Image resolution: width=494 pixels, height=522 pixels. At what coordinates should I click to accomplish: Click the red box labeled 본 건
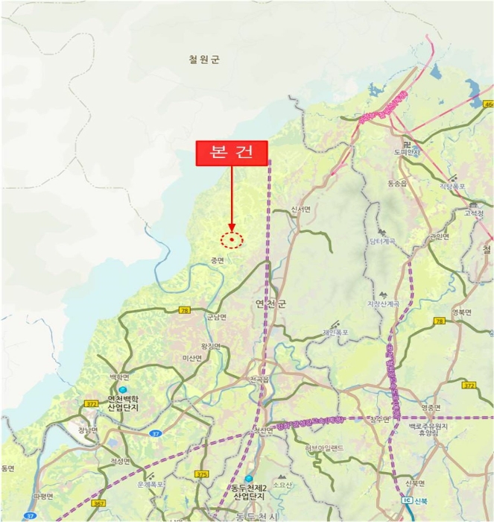[x=231, y=153]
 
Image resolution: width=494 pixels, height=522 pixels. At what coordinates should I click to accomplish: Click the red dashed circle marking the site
[x=232, y=240]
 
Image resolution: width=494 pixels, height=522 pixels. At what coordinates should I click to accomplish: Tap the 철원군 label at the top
[x=203, y=60]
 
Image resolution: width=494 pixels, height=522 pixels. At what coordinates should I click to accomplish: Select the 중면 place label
[x=217, y=260]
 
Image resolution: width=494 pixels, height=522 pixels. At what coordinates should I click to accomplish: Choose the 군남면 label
[x=217, y=317]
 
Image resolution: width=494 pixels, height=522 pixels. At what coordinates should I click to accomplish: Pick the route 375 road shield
[x=201, y=474]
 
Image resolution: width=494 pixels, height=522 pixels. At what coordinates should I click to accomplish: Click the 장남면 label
[x=88, y=430]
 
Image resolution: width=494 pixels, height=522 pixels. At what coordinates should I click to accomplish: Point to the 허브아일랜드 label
[x=323, y=447]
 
